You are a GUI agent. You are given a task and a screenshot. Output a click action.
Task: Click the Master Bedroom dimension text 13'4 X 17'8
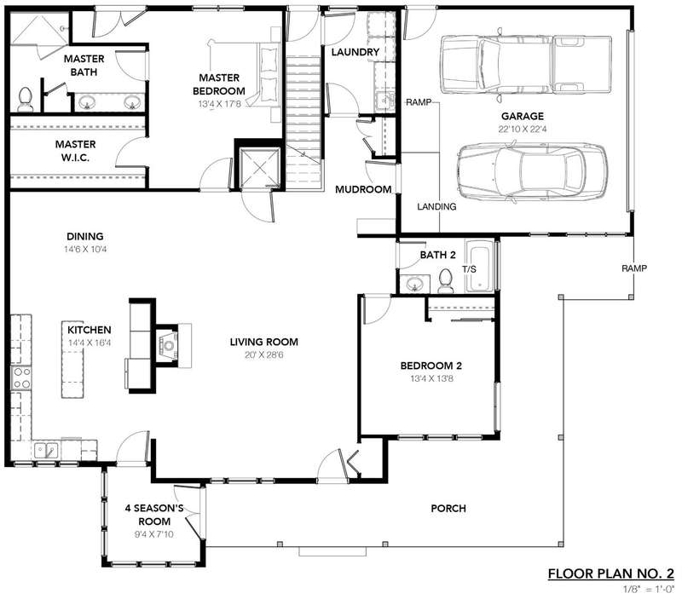[219, 104]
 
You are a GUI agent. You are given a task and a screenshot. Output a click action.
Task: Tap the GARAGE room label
[523, 116]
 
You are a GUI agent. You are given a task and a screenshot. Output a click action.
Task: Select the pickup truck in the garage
[526, 65]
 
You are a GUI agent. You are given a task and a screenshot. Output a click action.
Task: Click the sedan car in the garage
[532, 171]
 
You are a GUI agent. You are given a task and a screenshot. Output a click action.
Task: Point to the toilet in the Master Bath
[26, 99]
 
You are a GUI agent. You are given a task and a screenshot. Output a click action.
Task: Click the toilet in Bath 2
[445, 280]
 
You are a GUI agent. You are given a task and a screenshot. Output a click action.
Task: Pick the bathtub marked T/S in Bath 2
[480, 269]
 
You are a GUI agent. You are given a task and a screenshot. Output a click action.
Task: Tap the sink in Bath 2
[414, 284]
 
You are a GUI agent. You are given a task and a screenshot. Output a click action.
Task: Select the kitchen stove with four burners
[20, 378]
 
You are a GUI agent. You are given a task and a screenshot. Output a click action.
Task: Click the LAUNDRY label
[355, 52]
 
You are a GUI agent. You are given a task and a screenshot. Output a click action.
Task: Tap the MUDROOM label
[363, 189]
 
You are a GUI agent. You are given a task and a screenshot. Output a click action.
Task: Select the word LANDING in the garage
[436, 207]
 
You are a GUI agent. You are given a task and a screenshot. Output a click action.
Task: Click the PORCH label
[448, 508]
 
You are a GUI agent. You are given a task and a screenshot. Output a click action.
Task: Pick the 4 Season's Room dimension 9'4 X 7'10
[154, 534]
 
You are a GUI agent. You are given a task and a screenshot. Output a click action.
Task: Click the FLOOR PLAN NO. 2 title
[611, 573]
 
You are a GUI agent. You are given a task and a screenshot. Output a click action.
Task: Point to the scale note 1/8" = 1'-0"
[649, 590]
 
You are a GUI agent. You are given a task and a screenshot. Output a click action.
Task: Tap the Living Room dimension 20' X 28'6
[264, 354]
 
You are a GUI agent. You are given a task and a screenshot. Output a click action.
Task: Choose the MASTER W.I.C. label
[75, 151]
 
